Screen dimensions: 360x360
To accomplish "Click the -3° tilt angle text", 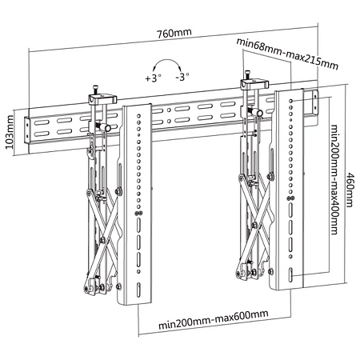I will pyautogui.click(x=184, y=79).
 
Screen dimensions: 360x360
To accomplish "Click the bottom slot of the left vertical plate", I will pyautogui.click(x=138, y=288).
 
